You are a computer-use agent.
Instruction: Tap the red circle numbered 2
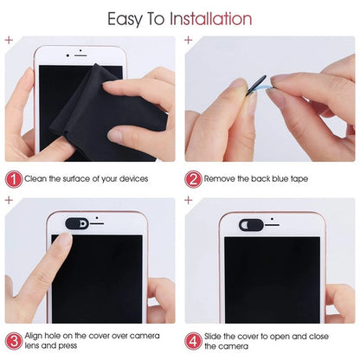(x=195, y=178)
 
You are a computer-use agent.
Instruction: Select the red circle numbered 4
(x=195, y=341)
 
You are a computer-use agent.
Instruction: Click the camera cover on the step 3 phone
(x=77, y=222)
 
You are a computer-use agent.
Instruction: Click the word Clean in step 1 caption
(x=39, y=178)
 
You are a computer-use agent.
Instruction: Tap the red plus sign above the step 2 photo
(x=189, y=40)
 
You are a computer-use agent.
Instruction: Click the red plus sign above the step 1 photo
(x=9, y=40)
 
